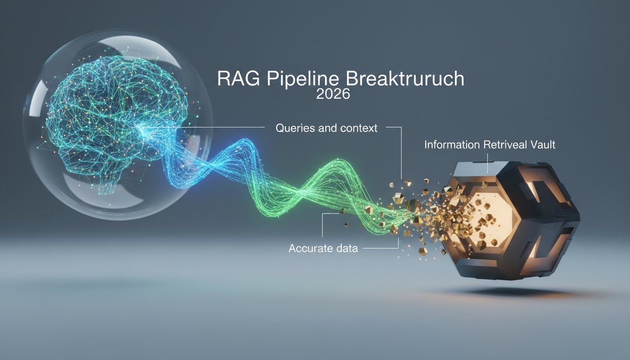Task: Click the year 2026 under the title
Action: pyautogui.click(x=333, y=94)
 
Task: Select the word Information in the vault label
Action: pyautogui.click(x=452, y=145)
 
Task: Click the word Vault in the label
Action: pyautogui.click(x=543, y=145)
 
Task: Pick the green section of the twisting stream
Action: pyautogui.click(x=319, y=187)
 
